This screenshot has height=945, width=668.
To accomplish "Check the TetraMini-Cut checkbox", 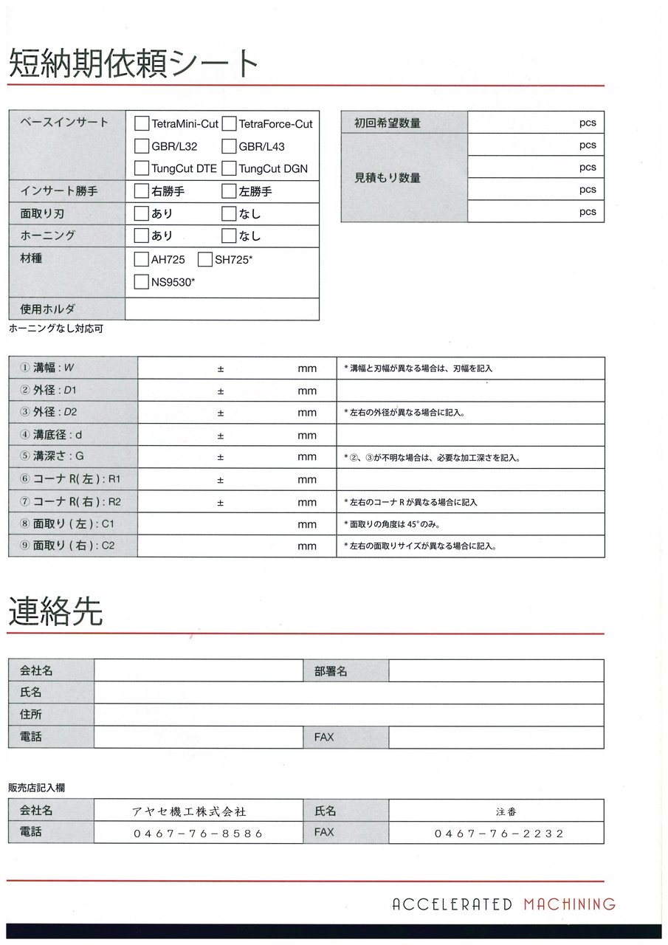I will pos(142,123).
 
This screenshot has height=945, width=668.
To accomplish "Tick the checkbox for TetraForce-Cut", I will pos(229,123).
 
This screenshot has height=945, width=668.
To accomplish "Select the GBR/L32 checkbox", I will pos(142,146).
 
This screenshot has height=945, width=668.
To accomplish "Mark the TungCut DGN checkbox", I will pos(229,168).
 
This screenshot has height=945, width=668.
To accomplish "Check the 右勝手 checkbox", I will pos(142,191).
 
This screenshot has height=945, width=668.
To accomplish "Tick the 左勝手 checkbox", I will pos(229,191).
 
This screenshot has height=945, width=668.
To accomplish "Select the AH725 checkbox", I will pos(142,259).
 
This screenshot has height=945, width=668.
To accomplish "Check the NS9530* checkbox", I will pos(142,281).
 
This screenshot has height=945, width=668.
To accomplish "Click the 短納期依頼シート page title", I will pos(134,63).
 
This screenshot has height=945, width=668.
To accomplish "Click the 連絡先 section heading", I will pos(55,612).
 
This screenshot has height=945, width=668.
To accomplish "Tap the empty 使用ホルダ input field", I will pos(221,309).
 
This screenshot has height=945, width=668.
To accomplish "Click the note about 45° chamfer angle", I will pos(398,524).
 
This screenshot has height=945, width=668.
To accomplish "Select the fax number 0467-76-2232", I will pos(499,834).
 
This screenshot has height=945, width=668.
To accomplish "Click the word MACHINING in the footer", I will pos(569,904).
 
